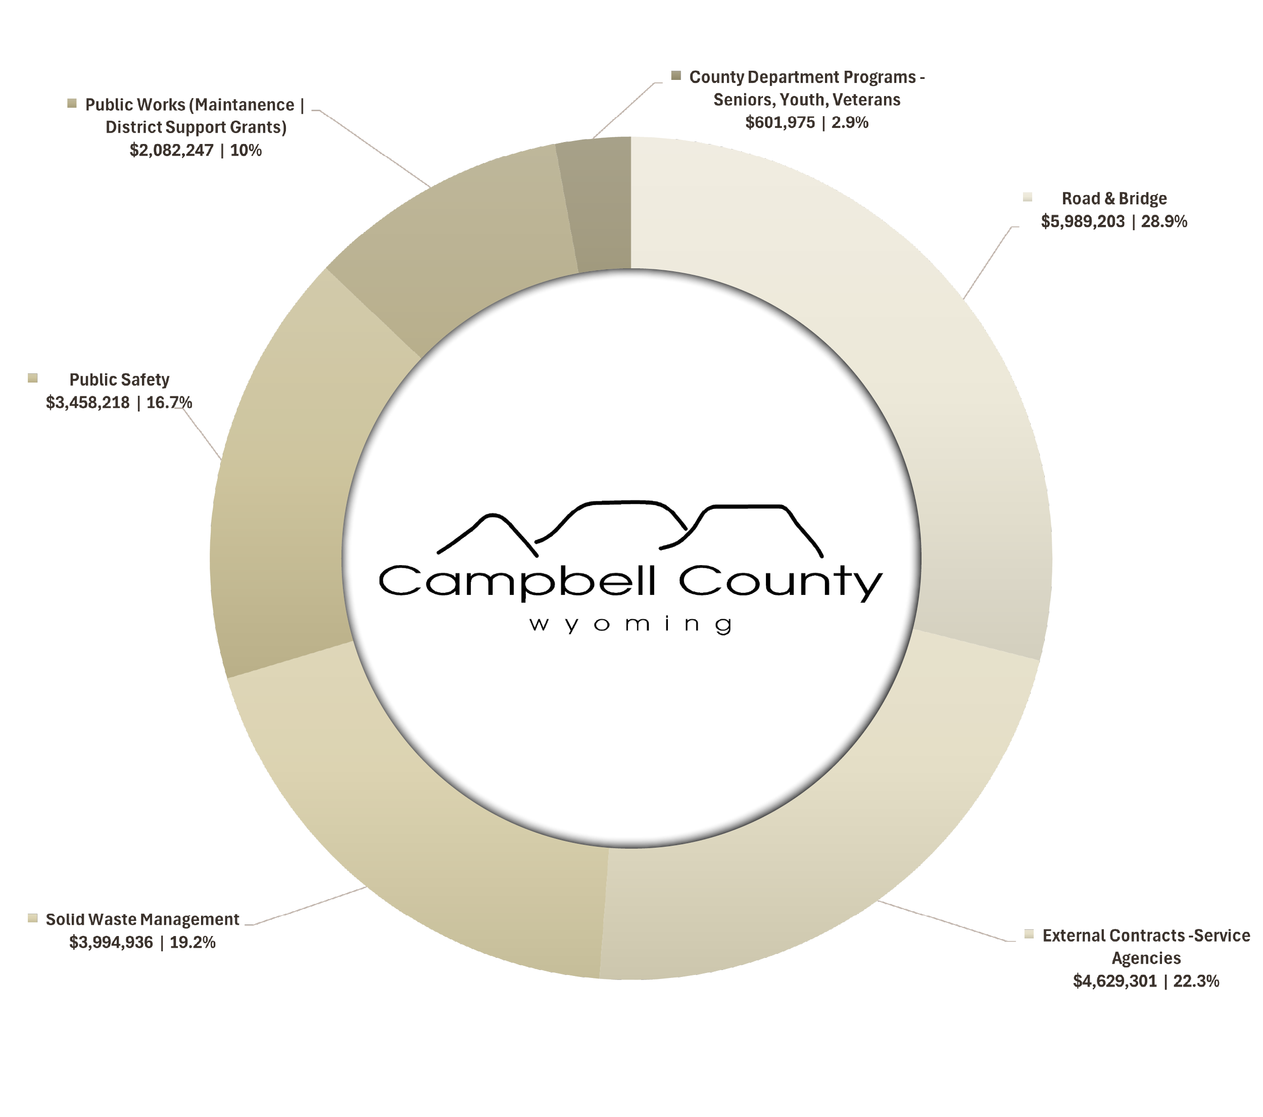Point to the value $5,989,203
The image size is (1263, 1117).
pos(1083,222)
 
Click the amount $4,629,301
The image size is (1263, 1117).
pos(1114,981)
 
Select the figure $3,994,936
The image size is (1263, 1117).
pos(111,943)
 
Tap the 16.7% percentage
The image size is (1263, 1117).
pos(169,403)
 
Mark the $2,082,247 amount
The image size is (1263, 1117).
pos(171,150)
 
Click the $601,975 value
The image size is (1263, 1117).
pos(780,122)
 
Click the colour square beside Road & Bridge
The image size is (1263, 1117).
pos(1028,197)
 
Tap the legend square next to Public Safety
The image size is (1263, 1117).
pos(33,378)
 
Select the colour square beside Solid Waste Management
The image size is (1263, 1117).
pos(33,918)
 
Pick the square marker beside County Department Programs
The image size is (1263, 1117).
pos(676,75)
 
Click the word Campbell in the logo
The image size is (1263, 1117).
pos(516,582)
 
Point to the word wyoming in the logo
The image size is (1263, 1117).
pos(630,625)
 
